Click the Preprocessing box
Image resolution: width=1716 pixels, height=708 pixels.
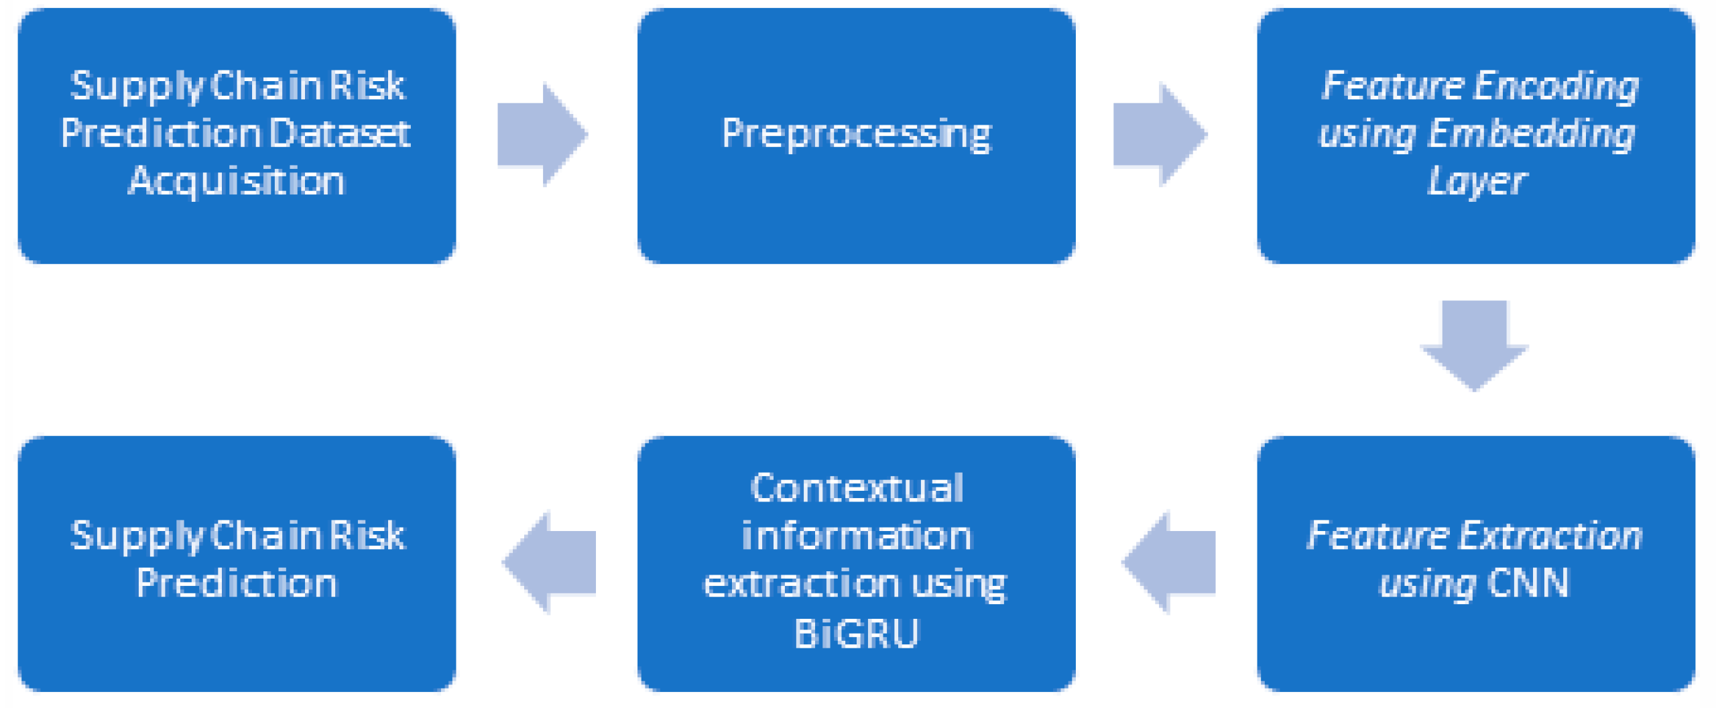click(x=856, y=134)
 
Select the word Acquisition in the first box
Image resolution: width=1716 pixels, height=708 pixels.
click(x=236, y=181)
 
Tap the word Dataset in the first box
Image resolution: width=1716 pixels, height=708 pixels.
click(x=340, y=133)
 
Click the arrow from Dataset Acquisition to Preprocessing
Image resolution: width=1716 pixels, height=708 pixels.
click(x=542, y=134)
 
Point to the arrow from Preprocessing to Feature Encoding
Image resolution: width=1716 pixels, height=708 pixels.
click(x=1159, y=134)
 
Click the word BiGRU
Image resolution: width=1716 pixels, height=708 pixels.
click(x=856, y=633)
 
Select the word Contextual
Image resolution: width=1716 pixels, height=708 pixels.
click(x=856, y=488)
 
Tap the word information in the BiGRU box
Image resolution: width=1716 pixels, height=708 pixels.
click(x=856, y=536)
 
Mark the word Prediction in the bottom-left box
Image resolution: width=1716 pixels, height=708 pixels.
click(x=236, y=583)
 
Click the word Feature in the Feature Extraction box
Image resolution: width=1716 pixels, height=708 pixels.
click(x=1377, y=536)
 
